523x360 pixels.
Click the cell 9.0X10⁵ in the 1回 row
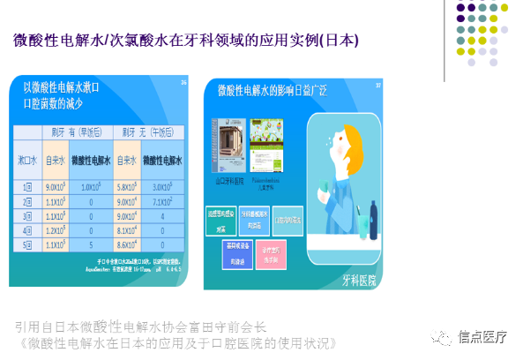(57, 186)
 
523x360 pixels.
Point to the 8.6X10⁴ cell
(127, 244)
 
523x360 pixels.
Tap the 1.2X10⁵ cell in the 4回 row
(57, 230)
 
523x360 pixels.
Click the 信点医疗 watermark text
(482, 336)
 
